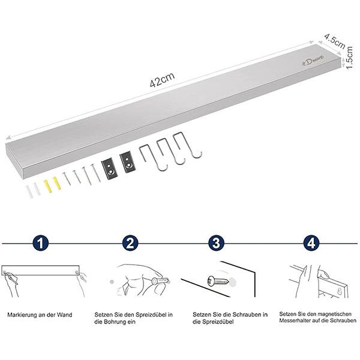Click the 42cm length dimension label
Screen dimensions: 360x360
(162, 80)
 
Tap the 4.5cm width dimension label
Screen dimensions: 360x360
(335, 41)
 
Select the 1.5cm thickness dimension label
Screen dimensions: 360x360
(349, 58)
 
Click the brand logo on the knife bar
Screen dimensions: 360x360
(313, 61)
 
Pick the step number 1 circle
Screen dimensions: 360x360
(41, 243)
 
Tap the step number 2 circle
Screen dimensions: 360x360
(130, 243)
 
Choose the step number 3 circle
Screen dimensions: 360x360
(217, 243)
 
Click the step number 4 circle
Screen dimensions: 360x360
(311, 243)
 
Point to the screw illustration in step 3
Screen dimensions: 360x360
(218, 281)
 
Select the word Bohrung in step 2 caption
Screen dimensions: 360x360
(115, 322)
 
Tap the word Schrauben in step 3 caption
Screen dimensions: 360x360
(247, 314)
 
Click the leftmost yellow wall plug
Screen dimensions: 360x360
(48, 186)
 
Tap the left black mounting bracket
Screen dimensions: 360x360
(110, 169)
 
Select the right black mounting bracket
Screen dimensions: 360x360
(127, 162)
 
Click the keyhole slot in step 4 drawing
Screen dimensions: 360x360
(340, 292)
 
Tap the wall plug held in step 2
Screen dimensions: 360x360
(160, 281)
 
